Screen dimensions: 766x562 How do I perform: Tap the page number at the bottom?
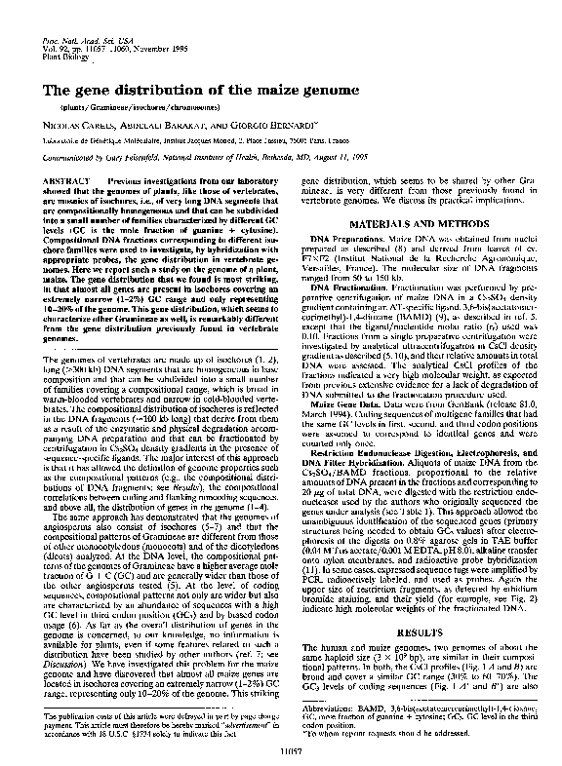(x=281, y=751)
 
